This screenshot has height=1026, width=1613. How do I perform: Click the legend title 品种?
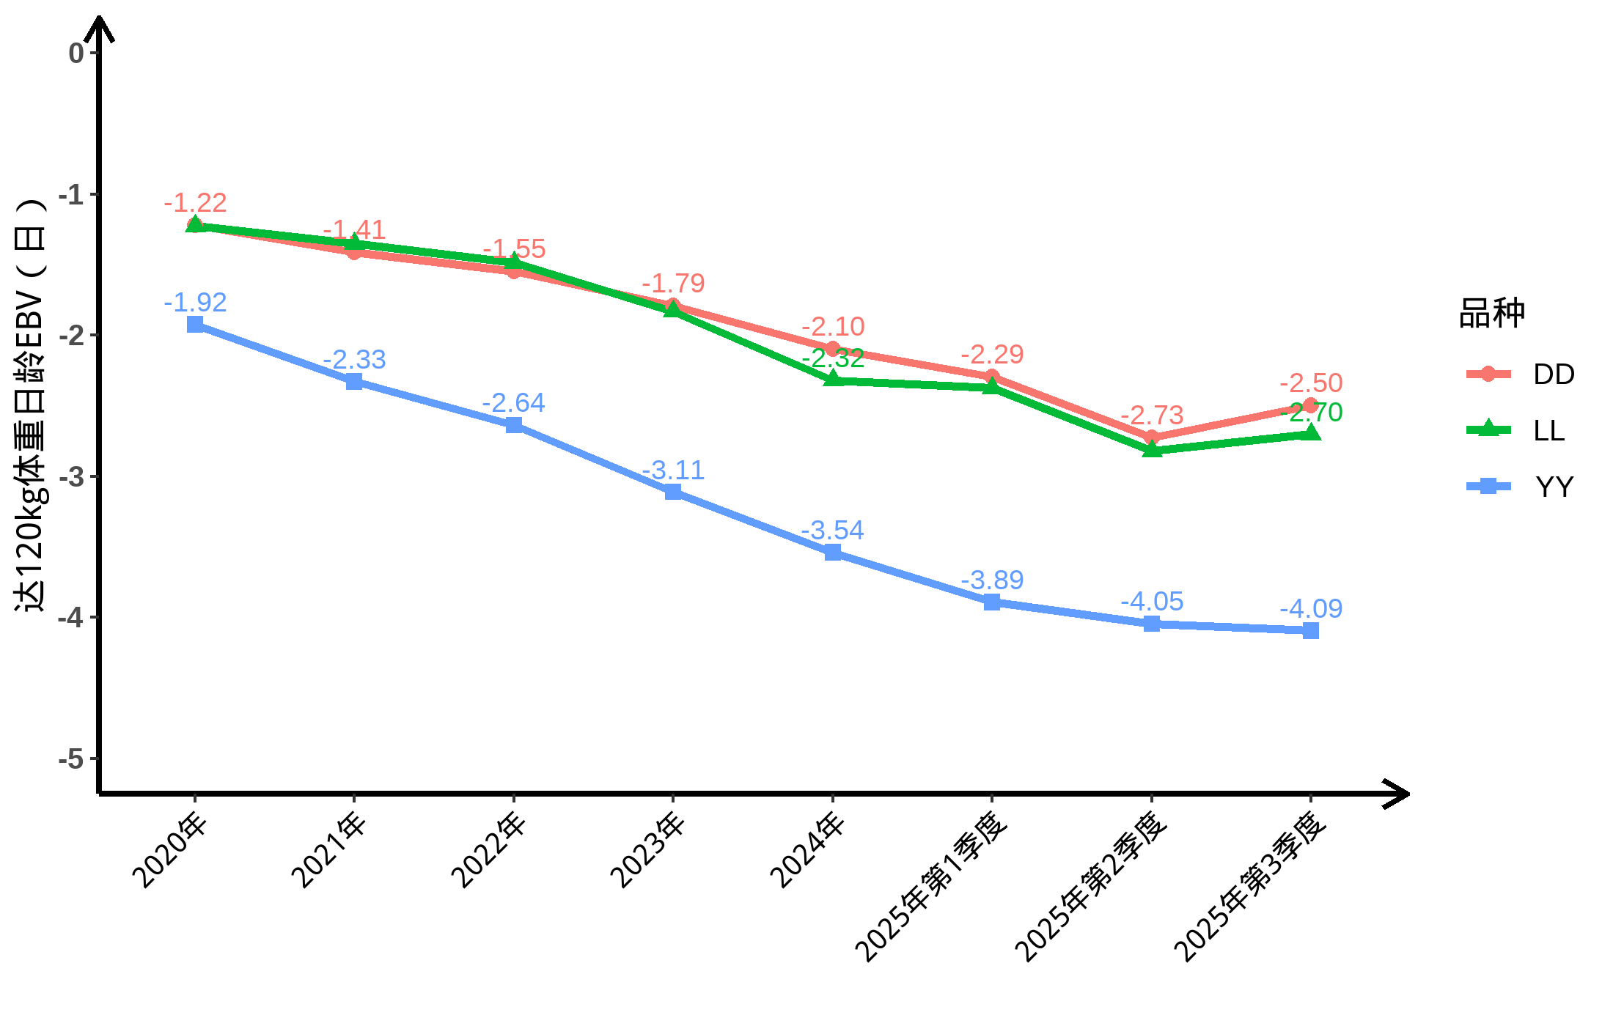coord(1491,313)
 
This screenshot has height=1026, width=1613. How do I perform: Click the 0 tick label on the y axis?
coord(76,53)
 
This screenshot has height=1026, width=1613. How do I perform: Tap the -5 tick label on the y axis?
coord(74,759)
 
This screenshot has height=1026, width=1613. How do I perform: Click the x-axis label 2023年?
coord(649,850)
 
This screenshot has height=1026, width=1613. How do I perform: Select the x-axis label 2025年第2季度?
coord(1092,887)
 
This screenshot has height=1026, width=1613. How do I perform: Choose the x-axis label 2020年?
coord(171,850)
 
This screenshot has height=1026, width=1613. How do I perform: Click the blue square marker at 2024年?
coord(833,553)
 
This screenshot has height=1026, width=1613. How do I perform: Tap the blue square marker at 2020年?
coord(195,325)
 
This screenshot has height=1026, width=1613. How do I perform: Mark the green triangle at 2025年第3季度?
coord(1311,433)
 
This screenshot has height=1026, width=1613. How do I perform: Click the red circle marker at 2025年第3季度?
coord(1311,405)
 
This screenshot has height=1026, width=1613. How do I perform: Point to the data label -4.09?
coord(1311,608)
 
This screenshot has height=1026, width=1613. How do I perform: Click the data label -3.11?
coord(673,470)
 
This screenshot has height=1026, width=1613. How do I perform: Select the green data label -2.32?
coord(833,359)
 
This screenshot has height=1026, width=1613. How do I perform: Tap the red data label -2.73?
coord(1152,415)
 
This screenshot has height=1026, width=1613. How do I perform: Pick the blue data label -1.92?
coord(195,302)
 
